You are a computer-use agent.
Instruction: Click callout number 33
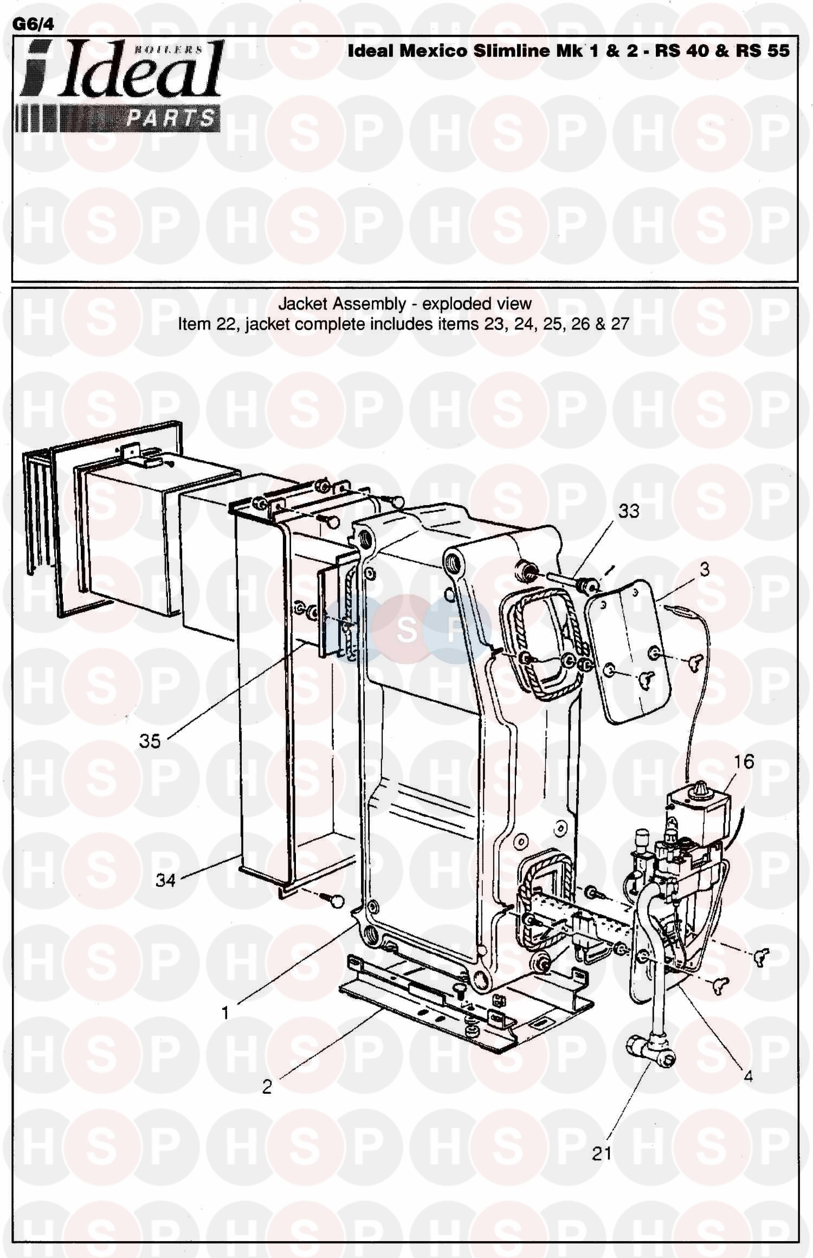pyautogui.click(x=629, y=511)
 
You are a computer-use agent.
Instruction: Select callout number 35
pyautogui.click(x=150, y=741)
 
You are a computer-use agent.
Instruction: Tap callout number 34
pyautogui.click(x=166, y=880)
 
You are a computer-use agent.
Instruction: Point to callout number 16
pyautogui.click(x=744, y=762)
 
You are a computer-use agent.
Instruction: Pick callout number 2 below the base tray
pyautogui.click(x=267, y=1087)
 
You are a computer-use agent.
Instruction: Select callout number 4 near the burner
pyautogui.click(x=748, y=1076)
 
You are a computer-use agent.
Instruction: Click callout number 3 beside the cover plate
pyautogui.click(x=705, y=570)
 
